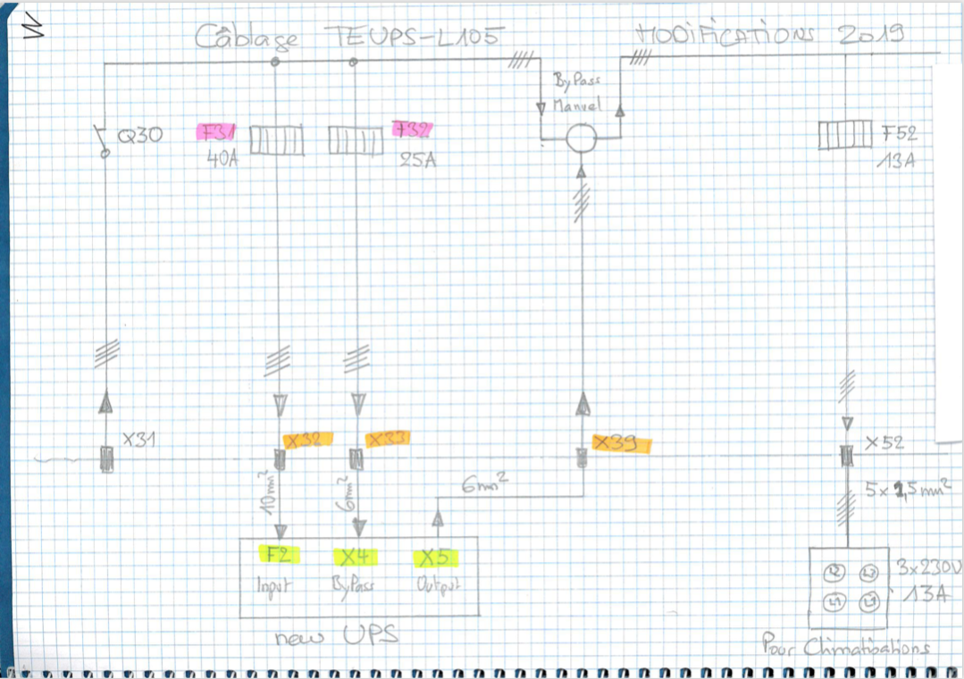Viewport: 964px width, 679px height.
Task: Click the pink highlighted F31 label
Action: point(214,133)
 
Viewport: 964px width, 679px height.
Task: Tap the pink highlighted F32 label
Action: point(411,130)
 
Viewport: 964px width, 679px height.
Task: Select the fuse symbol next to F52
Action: point(844,136)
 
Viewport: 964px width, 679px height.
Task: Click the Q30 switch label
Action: point(140,137)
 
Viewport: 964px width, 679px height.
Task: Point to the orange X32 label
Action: point(307,439)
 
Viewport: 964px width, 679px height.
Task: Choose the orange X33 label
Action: point(390,439)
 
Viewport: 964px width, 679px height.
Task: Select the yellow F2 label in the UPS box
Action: point(278,554)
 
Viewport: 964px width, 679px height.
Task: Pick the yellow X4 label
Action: point(356,557)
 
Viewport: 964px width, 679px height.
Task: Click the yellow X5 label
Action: point(435,558)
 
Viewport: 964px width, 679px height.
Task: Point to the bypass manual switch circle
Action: point(582,139)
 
